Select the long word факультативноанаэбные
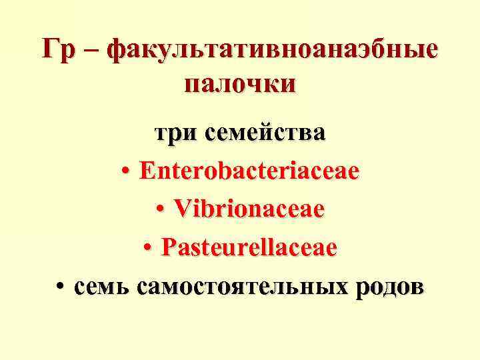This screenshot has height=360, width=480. (273, 51)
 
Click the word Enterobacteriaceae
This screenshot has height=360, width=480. (249, 171)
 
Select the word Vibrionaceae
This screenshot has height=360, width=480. (249, 210)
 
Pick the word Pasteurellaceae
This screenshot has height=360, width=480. (249, 249)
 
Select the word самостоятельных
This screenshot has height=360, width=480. (241, 287)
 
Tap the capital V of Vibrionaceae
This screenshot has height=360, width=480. (182, 210)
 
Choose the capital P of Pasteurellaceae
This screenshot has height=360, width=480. (168, 249)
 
